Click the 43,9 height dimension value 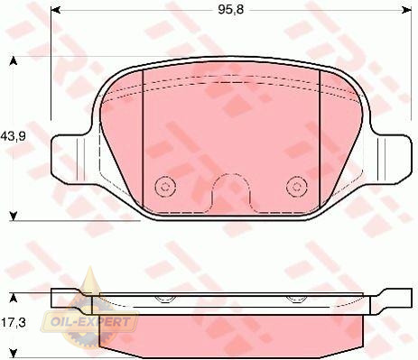13,136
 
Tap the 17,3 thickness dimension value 14,323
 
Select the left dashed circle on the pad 164,187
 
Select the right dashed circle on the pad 297,187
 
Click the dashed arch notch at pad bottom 231,174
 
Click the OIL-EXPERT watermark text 90,322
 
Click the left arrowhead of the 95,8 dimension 56,11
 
